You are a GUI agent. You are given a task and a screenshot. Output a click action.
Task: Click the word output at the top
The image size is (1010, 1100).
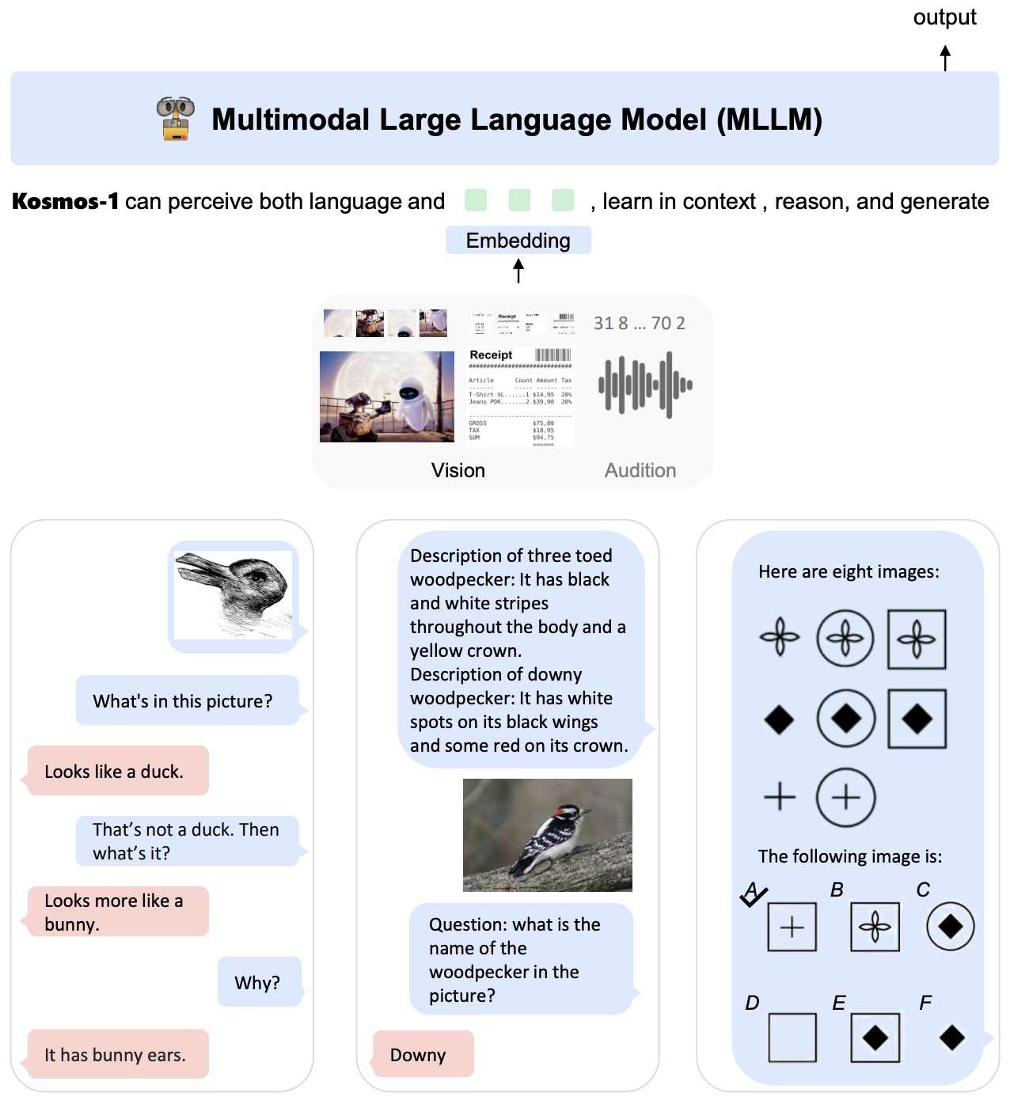point(944,17)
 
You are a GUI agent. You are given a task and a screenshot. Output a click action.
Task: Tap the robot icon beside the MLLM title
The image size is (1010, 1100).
point(175,119)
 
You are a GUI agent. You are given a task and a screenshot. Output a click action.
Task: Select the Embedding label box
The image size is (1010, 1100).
point(518,241)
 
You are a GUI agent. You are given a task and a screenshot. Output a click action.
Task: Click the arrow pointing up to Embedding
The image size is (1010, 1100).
point(518,271)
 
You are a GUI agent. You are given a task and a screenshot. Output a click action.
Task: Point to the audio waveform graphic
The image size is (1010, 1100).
point(645,385)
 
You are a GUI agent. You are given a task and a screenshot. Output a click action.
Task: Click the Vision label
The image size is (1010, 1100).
point(458,471)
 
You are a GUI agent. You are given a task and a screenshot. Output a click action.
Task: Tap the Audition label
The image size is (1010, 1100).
point(640,471)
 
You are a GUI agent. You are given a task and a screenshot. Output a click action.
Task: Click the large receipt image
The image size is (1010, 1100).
point(520,396)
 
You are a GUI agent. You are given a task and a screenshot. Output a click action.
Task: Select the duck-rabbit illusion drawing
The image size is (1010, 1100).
point(234,595)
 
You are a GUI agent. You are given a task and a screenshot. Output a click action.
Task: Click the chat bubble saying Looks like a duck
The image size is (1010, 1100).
point(118,771)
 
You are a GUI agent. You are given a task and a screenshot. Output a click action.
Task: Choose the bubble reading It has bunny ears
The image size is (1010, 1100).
point(118,1054)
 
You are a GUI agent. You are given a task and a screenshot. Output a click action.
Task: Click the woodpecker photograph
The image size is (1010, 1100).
point(548,835)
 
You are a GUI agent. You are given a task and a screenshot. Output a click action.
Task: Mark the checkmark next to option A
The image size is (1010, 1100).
point(753,895)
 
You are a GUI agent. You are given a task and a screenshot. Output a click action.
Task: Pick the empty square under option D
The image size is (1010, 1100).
point(792,1037)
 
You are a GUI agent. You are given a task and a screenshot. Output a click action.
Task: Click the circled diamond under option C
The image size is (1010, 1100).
point(951,927)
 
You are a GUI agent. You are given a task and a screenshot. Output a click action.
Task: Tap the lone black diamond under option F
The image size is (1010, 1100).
point(952,1037)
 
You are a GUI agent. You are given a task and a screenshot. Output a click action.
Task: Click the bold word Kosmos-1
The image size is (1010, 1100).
point(66,202)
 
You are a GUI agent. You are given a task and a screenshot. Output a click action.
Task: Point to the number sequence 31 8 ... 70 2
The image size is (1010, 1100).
point(640,323)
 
